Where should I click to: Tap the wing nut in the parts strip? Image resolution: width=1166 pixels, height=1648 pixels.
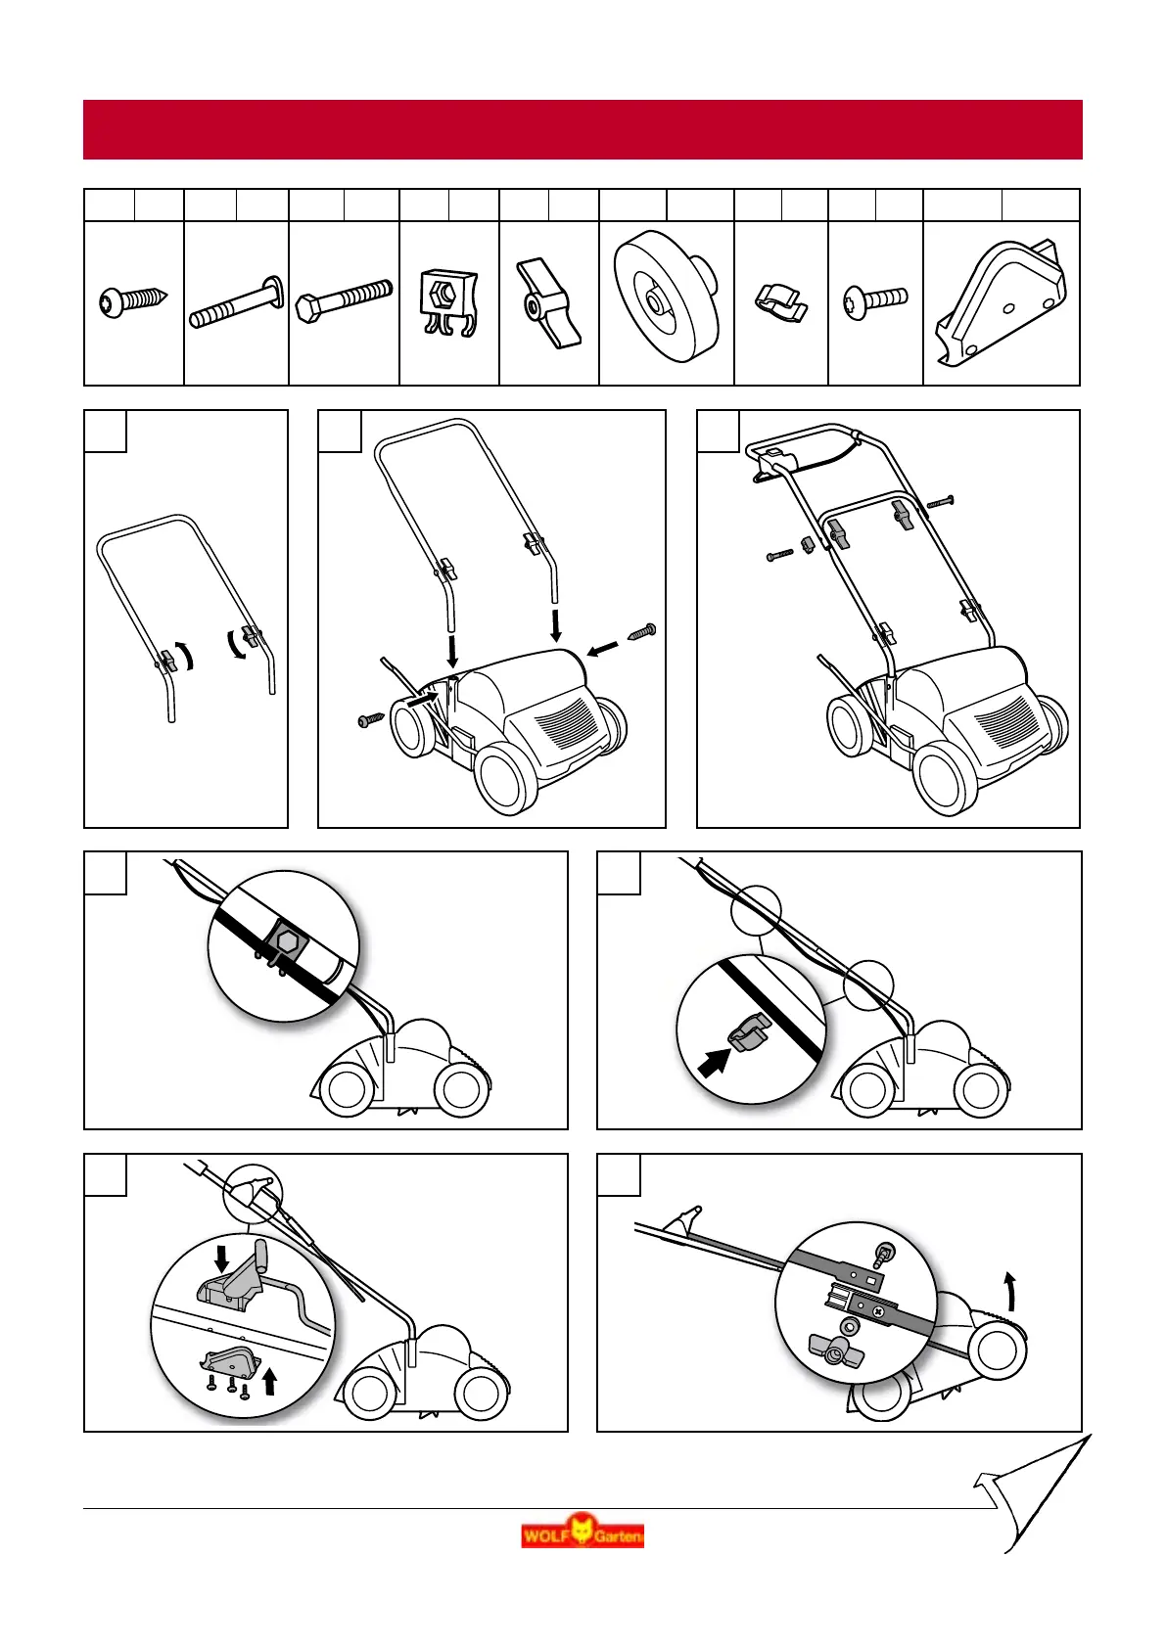click(547, 303)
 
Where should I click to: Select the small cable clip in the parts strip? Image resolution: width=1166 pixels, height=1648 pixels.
click(781, 301)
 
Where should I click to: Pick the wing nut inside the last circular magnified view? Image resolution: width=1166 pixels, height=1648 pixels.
click(834, 1351)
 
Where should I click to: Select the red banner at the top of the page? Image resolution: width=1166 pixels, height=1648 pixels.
click(583, 129)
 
